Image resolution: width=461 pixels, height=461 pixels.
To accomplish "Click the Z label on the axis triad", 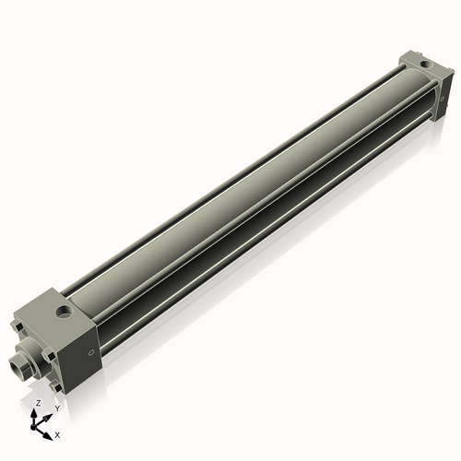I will [38, 403].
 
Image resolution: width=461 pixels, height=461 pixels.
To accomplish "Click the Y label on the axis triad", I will [56, 408].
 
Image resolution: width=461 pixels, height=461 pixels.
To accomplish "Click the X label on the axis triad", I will [57, 433].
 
